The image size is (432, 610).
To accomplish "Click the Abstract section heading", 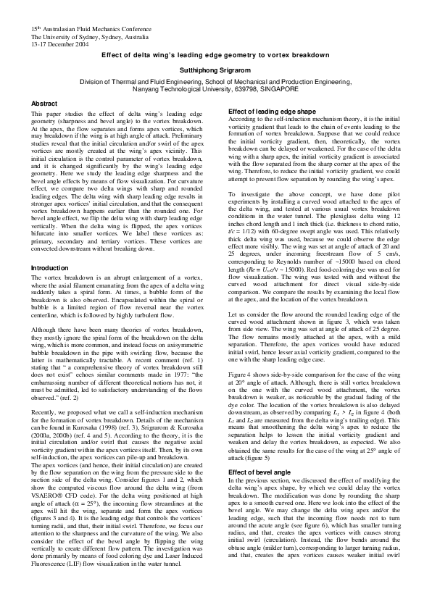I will (44, 104).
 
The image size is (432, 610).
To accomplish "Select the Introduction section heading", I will (50, 267).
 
